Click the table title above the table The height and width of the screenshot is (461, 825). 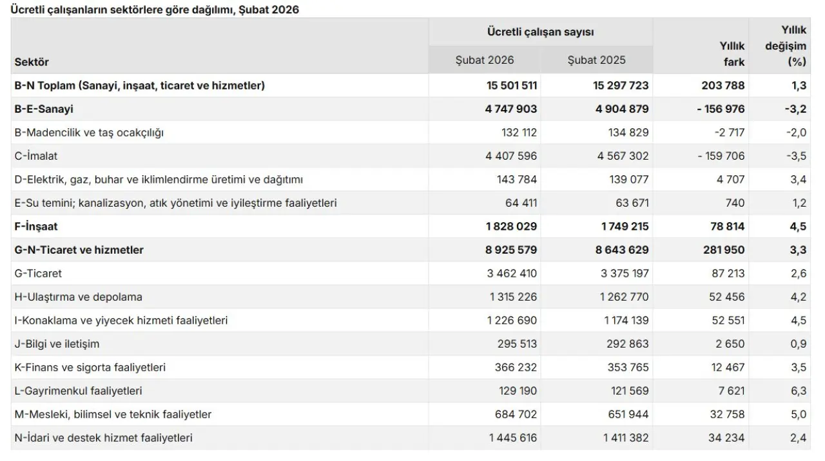tap(155, 10)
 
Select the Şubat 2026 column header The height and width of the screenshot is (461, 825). tap(485, 61)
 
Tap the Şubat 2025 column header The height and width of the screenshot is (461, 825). tap(596, 61)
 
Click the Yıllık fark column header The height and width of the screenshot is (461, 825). tap(732, 54)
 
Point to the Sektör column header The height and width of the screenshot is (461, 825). tap(32, 62)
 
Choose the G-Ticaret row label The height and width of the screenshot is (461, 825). tap(38, 274)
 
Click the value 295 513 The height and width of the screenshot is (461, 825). tap(514, 344)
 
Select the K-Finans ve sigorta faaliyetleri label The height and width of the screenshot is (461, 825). tap(90, 368)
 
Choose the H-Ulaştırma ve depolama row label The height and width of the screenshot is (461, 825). tap(78, 297)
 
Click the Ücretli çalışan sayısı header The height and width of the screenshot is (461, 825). tap(541, 32)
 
